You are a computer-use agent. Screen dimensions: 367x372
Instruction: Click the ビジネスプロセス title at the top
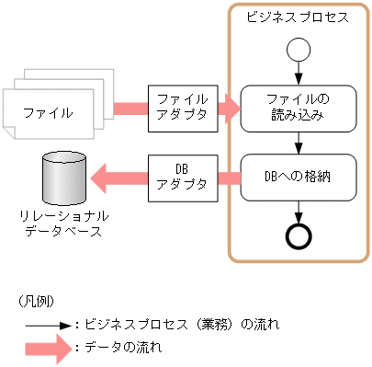coord(296,17)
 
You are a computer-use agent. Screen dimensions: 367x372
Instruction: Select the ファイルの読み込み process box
coord(298,108)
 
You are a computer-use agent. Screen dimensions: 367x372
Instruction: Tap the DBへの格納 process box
coord(298,177)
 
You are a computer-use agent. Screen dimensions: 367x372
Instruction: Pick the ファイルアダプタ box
coord(183,108)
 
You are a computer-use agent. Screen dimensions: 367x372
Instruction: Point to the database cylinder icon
coord(65,178)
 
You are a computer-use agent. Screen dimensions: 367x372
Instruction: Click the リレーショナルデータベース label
coord(64,224)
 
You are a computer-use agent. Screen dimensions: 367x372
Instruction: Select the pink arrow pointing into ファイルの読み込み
coord(227,109)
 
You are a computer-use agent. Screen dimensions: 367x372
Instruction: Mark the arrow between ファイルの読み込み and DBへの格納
coord(298,141)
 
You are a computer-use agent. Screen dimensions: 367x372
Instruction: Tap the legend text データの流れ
coord(123,348)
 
